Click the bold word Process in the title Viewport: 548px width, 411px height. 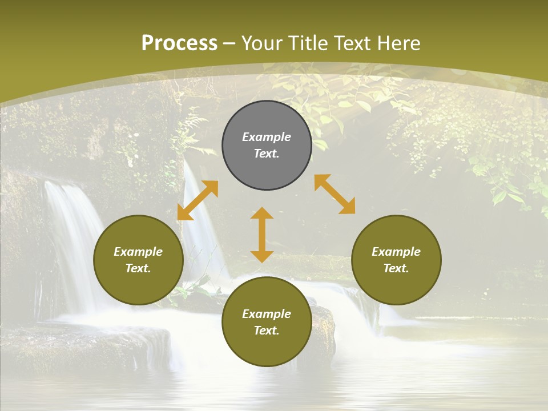point(179,43)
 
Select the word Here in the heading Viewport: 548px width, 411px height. point(399,43)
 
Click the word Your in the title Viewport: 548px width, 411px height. point(263,43)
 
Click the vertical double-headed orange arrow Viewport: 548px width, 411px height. point(262,235)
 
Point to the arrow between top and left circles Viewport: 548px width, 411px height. point(198,200)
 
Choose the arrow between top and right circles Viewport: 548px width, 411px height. point(335,194)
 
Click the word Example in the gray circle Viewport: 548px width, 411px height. point(267,137)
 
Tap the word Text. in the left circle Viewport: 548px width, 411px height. point(138,268)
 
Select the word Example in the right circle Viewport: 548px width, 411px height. point(396,252)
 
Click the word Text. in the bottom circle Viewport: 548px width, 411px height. point(267,331)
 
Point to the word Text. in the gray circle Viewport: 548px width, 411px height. point(267,154)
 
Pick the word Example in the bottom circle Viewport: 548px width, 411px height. point(267,314)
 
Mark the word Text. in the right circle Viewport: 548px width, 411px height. point(396,268)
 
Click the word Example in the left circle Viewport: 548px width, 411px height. point(138,252)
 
